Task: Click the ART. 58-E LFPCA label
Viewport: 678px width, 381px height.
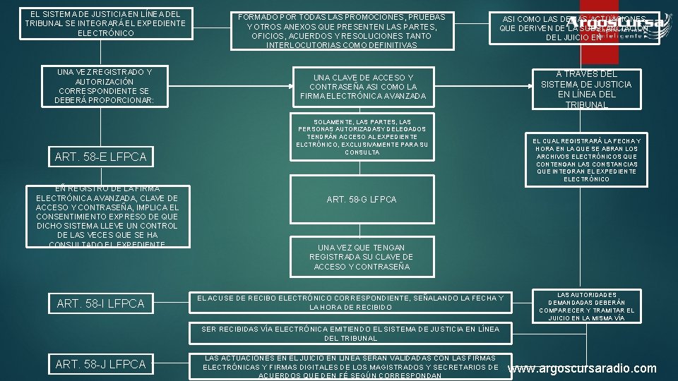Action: click(100, 157)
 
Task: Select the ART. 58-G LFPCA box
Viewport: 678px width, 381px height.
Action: click(362, 200)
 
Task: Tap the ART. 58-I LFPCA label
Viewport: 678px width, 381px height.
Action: click(100, 303)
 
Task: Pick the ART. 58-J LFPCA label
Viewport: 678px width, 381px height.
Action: click(100, 364)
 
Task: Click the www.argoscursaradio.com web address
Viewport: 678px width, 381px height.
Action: click(582, 368)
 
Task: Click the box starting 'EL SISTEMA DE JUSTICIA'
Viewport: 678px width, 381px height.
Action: click(105, 23)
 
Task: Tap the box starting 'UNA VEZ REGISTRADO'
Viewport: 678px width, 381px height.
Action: click(104, 86)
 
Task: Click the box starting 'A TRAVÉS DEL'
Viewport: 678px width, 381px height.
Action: click(586, 89)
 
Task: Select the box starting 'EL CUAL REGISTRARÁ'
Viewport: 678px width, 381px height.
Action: click(586, 159)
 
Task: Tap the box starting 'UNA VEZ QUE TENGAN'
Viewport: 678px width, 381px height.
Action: click(361, 258)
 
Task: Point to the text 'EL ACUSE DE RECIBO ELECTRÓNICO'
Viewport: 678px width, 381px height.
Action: click(350, 303)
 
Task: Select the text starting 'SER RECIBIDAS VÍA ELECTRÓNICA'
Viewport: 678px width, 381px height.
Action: click(350, 333)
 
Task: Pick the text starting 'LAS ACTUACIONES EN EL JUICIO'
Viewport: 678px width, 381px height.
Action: click(350, 367)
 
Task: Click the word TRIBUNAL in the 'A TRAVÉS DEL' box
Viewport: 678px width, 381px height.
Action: click(586, 104)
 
